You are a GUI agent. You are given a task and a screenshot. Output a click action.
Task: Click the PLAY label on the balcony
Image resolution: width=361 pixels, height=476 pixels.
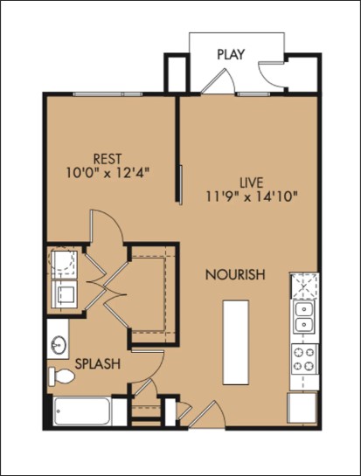[x=231, y=54]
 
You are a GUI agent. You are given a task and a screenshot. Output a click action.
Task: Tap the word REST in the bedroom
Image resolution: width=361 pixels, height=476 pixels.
[x=108, y=158]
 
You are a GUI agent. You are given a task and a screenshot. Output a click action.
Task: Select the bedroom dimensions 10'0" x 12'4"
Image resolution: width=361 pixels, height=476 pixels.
[x=108, y=173]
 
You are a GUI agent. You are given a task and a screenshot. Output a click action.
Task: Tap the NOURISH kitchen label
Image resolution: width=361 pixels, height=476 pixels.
[x=234, y=274]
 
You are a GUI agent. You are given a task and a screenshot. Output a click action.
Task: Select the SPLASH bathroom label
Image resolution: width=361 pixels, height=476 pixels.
[x=97, y=362]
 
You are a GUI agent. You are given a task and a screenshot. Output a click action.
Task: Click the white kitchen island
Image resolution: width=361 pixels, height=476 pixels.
[x=235, y=341]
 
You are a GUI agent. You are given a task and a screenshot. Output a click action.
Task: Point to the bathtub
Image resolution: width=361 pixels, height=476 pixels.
[x=87, y=410]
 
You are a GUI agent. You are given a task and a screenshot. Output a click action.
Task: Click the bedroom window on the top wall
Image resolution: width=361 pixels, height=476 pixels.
[x=108, y=93]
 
